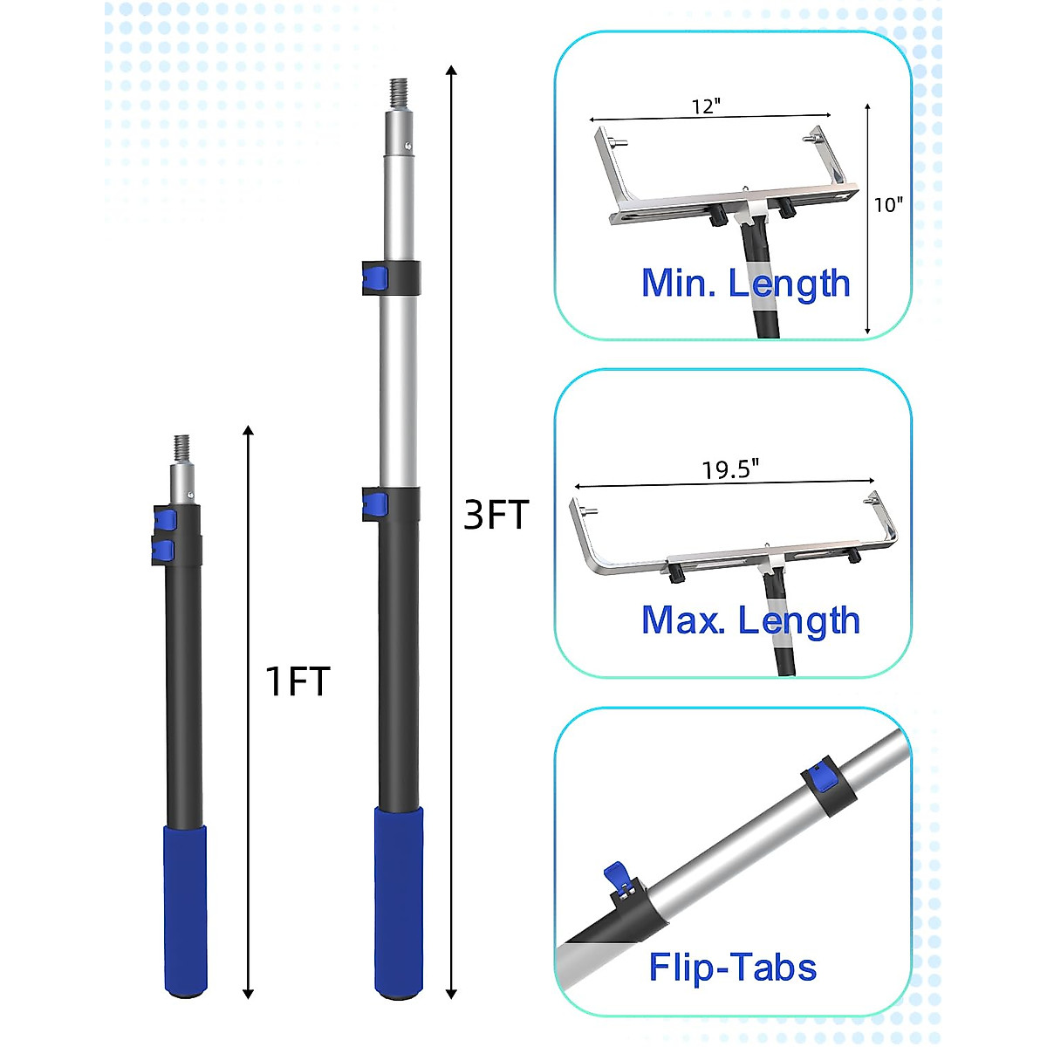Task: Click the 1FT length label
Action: click(298, 681)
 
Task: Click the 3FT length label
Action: click(496, 515)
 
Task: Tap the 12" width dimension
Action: click(707, 106)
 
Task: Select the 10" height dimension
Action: click(888, 204)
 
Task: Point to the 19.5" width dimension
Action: click(730, 469)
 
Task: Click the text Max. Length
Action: click(750, 620)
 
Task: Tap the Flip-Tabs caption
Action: click(732, 967)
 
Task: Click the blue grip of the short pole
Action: click(186, 907)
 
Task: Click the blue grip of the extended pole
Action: click(399, 899)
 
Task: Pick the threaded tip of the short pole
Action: click(182, 447)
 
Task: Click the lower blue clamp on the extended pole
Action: click(376, 504)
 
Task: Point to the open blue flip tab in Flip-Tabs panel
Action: click(616, 873)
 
